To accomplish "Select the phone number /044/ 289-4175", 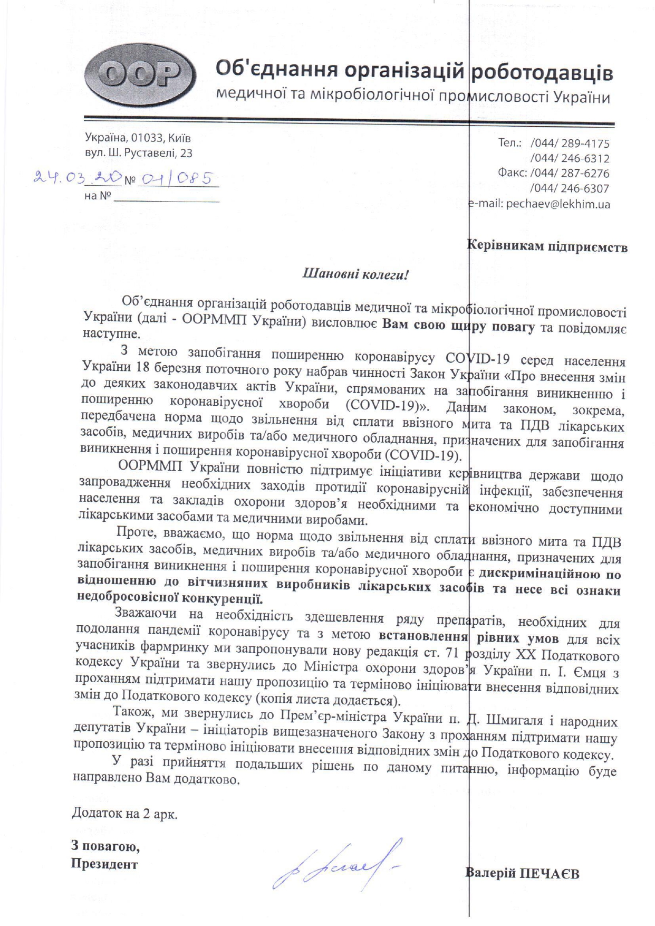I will pyautogui.click(x=570, y=143).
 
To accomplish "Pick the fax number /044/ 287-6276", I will pyautogui.click(x=570, y=173).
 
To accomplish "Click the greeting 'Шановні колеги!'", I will pyautogui.click(x=355, y=274).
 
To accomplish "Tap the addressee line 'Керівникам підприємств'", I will pyautogui.click(x=547, y=246).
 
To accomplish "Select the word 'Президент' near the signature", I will pyautogui.click(x=104, y=864).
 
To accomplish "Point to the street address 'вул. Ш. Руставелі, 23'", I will pyautogui.click(x=139, y=154).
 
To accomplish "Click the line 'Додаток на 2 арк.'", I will pyautogui.click(x=124, y=813).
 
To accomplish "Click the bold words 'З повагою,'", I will pyautogui.click(x=106, y=847).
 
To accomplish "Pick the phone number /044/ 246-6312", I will pyautogui.click(x=570, y=158).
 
